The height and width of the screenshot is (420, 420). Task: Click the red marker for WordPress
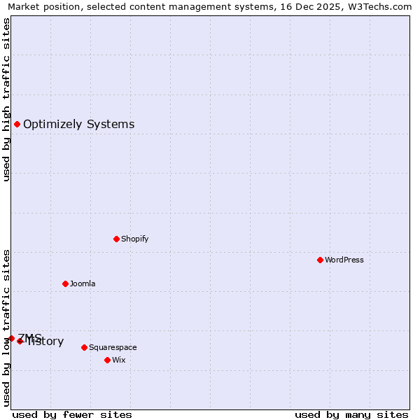(x=320, y=260)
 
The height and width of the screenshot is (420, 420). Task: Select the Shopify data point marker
(x=116, y=239)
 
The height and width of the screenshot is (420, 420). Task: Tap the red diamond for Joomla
(x=65, y=283)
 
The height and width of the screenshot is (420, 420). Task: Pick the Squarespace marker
(x=84, y=347)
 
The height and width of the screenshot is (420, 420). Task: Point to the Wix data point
(x=107, y=360)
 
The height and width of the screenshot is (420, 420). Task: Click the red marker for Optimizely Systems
(x=17, y=124)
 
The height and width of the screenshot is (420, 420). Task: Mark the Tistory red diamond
(x=20, y=341)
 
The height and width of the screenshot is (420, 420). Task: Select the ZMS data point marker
(x=11, y=338)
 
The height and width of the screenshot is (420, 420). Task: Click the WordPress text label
(x=344, y=260)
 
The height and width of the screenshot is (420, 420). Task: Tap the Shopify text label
(x=135, y=239)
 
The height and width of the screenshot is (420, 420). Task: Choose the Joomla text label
(x=83, y=283)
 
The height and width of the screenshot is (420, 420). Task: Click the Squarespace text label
(x=113, y=347)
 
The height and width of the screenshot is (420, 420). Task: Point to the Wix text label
(x=119, y=360)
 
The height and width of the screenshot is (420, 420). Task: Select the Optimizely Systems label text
(x=78, y=125)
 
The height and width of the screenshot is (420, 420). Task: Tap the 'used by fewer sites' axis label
(x=72, y=414)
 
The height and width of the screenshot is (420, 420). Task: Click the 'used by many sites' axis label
(x=351, y=414)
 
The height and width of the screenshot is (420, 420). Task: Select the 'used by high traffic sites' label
(x=6, y=99)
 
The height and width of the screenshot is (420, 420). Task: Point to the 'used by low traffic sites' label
(x=6, y=328)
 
